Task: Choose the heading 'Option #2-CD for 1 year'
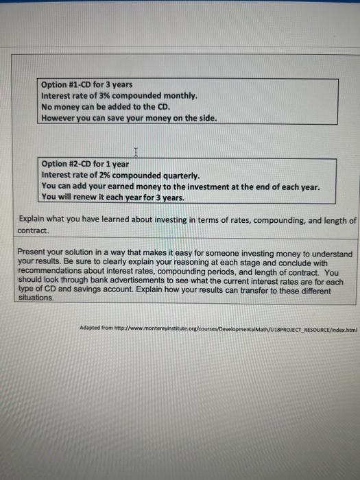[x=84, y=164]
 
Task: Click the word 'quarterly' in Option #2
[x=177, y=175]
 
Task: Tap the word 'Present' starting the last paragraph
[x=32, y=254]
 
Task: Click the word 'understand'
[x=331, y=254]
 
